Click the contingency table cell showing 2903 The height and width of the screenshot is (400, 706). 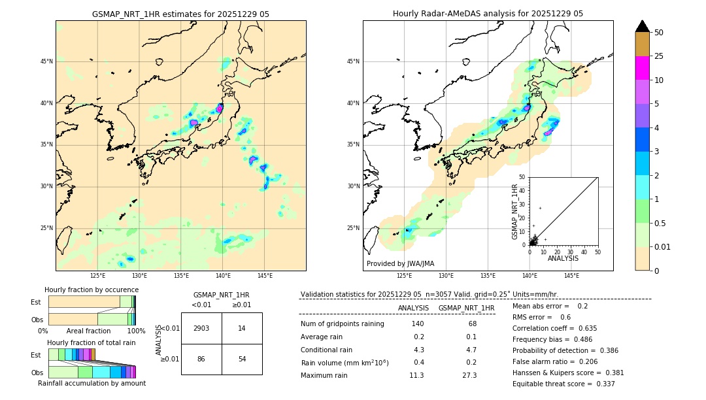pos(201,328)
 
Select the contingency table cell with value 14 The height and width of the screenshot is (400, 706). pos(242,328)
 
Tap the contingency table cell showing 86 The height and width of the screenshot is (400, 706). pos(201,359)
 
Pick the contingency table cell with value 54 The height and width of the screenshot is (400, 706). pos(242,359)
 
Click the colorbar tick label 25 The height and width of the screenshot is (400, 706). pos(659,56)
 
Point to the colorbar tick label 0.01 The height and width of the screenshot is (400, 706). pos(662,246)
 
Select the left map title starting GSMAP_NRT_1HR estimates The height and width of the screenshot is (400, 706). pos(180,14)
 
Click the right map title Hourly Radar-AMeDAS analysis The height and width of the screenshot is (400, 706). pos(488,14)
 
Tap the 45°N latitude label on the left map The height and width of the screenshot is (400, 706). pos(46,61)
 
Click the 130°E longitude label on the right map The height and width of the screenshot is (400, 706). pos(446,276)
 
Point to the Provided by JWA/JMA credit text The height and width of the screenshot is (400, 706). pos(400,263)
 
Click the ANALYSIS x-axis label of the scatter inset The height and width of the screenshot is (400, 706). pos(563,258)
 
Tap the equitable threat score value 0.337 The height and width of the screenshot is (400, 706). pos(602,384)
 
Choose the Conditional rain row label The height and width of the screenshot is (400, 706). pos(328,350)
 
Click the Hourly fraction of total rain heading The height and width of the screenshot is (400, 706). pos(92,342)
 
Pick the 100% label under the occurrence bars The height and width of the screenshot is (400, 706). pos(136,331)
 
